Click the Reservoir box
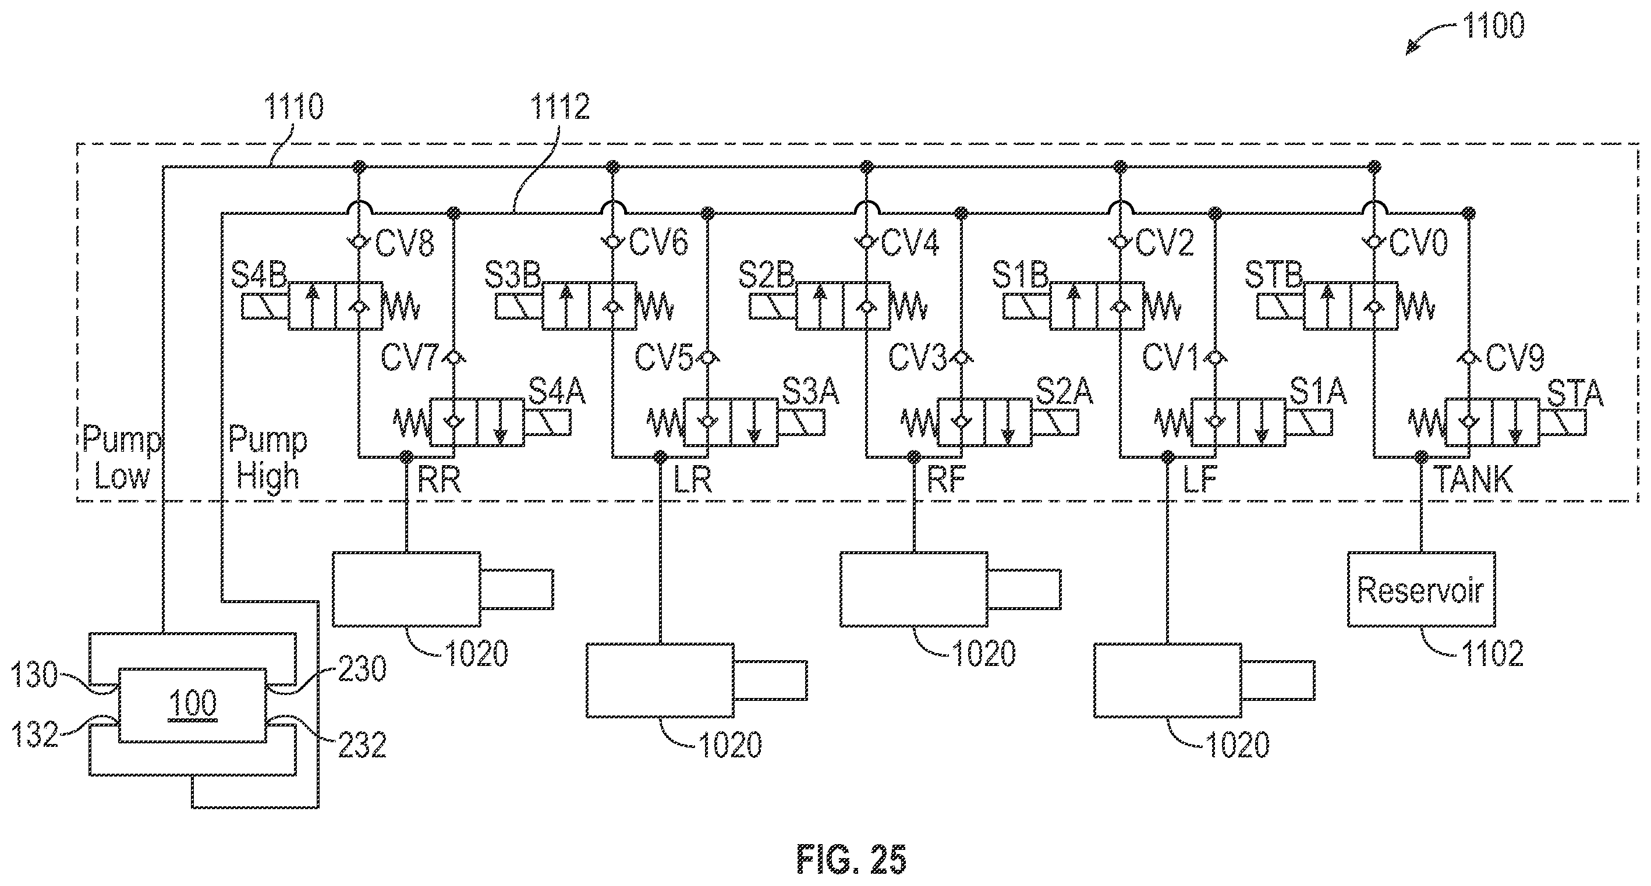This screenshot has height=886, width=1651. pyautogui.click(x=1421, y=589)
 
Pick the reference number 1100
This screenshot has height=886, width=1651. pyautogui.click(x=1493, y=26)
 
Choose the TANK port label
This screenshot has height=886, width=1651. pyautogui.click(x=1473, y=479)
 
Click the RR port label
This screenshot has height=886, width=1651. pyautogui.click(x=439, y=479)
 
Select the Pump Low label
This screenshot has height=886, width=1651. pyautogui.click(x=122, y=458)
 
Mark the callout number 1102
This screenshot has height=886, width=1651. pyautogui.click(x=1493, y=654)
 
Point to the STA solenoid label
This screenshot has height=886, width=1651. pyautogui.click(x=1575, y=393)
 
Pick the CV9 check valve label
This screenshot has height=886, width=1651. pyautogui.click(x=1515, y=358)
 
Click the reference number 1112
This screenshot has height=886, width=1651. pyautogui.click(x=559, y=107)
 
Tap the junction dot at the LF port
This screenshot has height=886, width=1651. pyautogui.click(x=1168, y=456)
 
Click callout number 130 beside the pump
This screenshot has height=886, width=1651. pyautogui.click(x=34, y=676)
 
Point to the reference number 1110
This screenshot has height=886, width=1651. pyautogui.click(x=294, y=107)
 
